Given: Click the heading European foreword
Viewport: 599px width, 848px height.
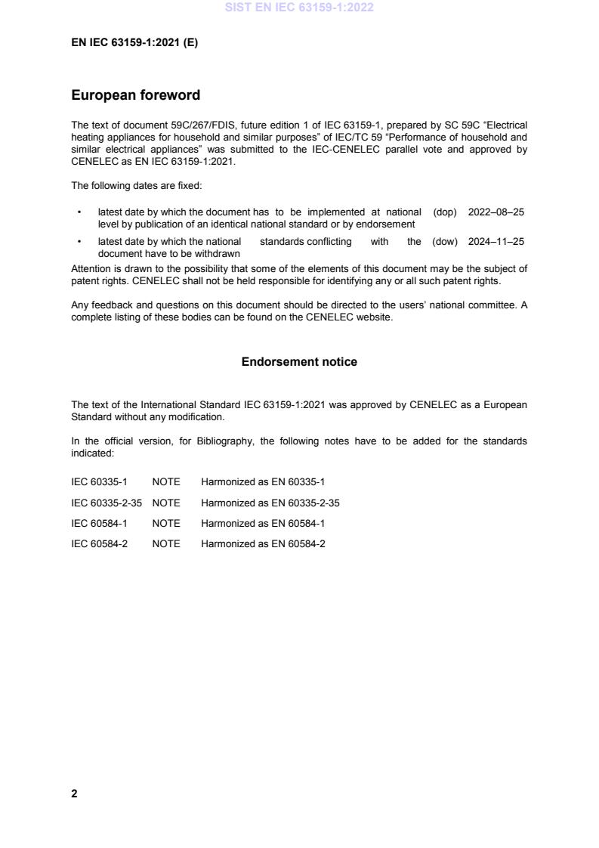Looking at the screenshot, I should [135, 96].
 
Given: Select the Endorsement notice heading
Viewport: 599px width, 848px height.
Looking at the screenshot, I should [299, 362].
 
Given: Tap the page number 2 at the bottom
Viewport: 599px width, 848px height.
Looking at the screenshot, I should [74, 794].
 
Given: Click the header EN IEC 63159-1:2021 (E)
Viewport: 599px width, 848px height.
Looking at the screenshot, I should [134, 43].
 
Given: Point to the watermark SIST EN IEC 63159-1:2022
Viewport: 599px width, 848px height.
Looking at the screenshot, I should [299, 8].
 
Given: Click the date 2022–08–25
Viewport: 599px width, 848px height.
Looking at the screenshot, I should [496, 212].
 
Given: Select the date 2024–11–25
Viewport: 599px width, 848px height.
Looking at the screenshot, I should [496, 242].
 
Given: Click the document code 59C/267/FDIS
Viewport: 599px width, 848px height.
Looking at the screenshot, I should [174, 124].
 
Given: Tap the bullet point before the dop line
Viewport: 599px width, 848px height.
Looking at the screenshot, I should [80, 212].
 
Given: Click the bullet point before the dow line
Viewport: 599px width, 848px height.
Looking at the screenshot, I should [80, 242].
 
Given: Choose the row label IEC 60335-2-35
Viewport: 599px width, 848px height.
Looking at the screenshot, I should [107, 503].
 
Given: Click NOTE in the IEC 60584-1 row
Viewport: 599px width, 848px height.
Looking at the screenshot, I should [166, 523].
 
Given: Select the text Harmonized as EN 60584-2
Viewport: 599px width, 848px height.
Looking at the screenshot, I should [263, 543].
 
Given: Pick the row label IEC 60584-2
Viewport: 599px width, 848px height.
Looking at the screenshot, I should [99, 543].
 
